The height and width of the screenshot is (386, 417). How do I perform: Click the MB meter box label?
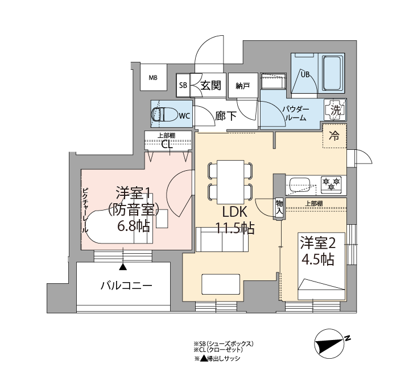[153, 78]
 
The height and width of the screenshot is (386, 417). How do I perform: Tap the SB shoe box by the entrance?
[183, 85]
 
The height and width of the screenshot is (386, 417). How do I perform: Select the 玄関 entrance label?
[210, 85]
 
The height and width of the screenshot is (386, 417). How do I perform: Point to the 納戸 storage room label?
[242, 86]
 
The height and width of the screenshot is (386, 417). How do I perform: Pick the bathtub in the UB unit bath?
[331, 73]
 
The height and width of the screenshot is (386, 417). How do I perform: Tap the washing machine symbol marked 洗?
[335, 110]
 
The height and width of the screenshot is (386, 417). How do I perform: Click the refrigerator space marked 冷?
[335, 136]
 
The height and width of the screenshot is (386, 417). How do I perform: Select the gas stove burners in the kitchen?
[331, 183]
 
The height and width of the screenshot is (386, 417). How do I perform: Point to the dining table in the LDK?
[230, 182]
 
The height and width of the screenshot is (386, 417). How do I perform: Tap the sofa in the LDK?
[222, 240]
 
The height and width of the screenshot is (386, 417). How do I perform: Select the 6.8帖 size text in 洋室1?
[134, 226]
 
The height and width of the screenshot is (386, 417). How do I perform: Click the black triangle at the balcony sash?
[123, 267]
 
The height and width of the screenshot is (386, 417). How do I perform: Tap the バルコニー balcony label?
[126, 286]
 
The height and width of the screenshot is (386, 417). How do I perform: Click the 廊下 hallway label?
[226, 116]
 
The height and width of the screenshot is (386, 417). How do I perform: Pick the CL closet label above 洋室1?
[167, 145]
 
